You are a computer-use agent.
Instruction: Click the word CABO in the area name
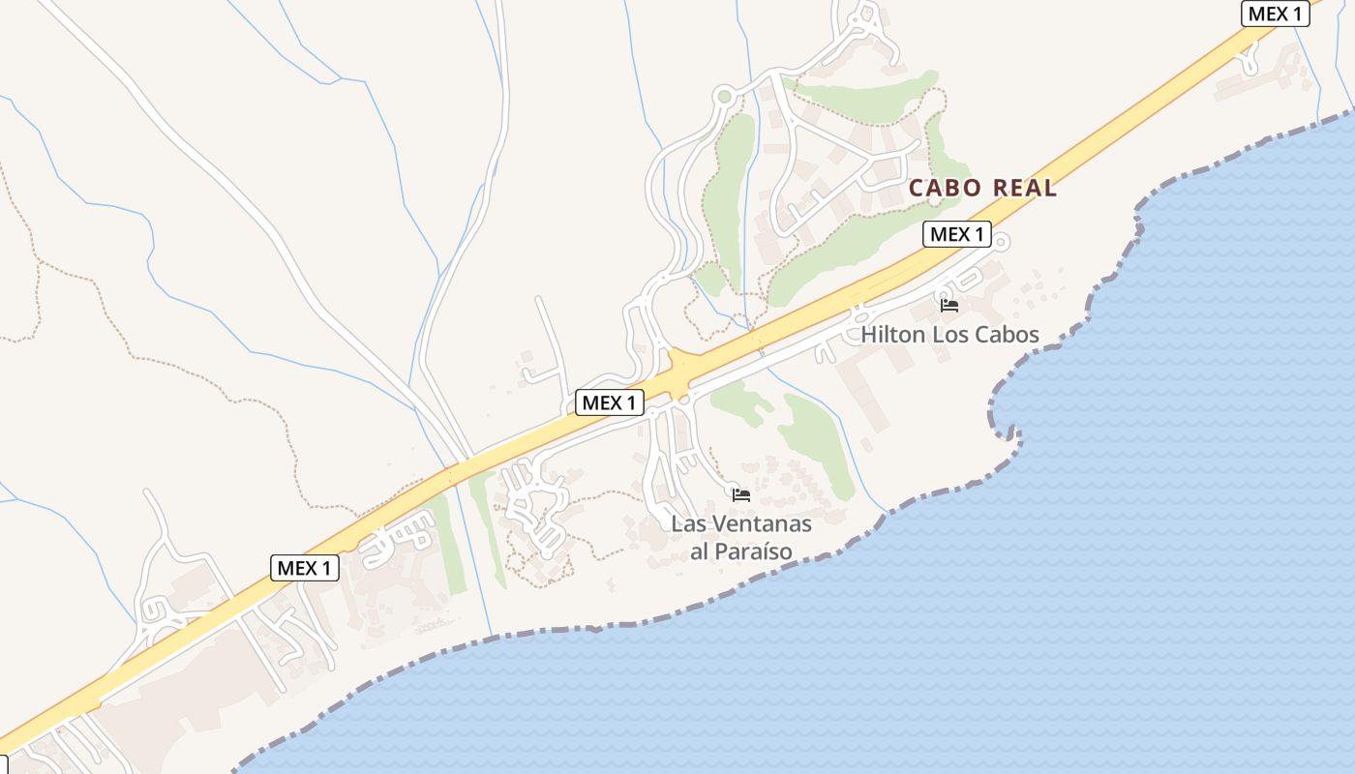click(x=944, y=188)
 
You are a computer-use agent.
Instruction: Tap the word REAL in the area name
click(x=1022, y=188)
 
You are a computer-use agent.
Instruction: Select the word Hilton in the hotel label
click(x=891, y=335)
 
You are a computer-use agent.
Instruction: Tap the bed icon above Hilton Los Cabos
click(x=949, y=306)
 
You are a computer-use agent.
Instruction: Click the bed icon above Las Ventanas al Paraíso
click(x=741, y=495)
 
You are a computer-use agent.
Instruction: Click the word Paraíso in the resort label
click(x=754, y=551)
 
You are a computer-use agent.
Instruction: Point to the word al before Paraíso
click(x=701, y=551)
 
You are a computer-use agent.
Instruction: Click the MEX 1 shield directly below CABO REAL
click(x=956, y=234)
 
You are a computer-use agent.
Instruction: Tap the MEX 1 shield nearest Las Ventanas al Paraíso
click(x=610, y=402)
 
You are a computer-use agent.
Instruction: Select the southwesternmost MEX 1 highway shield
click(x=305, y=568)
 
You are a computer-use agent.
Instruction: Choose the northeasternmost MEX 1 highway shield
click(x=1275, y=14)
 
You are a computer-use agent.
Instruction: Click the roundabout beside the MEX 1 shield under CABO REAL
click(x=1002, y=240)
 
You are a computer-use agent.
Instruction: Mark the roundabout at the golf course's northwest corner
click(x=724, y=95)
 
